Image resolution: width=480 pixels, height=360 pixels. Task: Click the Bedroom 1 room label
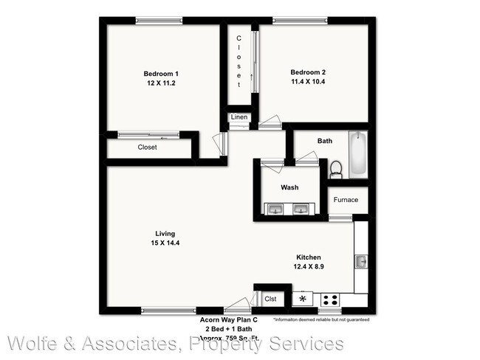click(x=160, y=74)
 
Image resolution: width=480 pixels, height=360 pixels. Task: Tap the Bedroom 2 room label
click(x=308, y=72)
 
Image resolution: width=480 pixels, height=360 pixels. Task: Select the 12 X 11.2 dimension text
click(x=160, y=83)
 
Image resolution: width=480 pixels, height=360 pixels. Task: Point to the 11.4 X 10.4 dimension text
click(x=308, y=82)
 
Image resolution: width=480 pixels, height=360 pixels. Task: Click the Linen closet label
click(x=239, y=117)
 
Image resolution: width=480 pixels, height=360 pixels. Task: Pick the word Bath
click(x=325, y=140)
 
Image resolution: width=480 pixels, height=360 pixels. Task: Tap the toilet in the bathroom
click(x=336, y=169)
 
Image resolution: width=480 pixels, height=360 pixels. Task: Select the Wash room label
click(x=289, y=187)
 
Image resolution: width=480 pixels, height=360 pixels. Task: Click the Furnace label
click(x=346, y=200)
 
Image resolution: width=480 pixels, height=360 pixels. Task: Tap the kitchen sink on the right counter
click(x=361, y=261)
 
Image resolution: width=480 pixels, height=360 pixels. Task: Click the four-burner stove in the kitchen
click(x=329, y=300)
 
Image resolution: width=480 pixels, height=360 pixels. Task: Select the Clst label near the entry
click(x=271, y=299)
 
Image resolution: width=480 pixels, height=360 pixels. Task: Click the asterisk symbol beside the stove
click(x=302, y=299)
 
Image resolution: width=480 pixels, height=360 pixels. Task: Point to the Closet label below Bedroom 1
click(x=148, y=147)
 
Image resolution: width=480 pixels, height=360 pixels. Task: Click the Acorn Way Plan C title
click(x=228, y=319)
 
